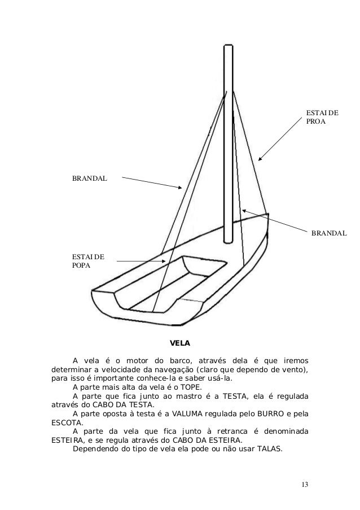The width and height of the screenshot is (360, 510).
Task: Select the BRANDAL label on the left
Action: point(89,178)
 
